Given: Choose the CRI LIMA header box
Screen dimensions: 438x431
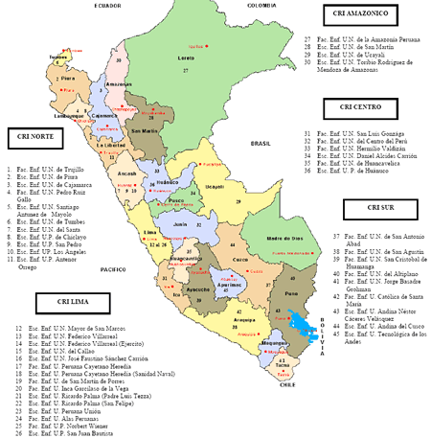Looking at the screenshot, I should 57,304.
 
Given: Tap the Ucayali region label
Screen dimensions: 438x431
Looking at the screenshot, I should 215,186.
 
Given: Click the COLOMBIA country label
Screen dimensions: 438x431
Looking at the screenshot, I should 261,5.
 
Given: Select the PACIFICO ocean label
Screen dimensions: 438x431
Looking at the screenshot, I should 112,270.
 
